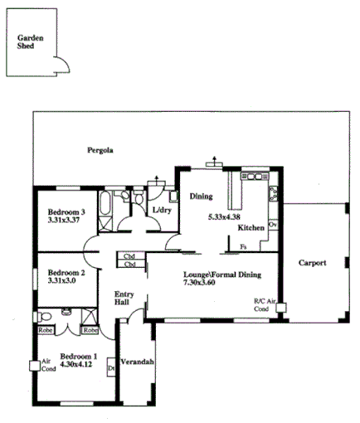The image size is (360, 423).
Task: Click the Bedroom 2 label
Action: pyautogui.click(x=66, y=272)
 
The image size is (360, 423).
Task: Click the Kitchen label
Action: pyautogui.click(x=251, y=227)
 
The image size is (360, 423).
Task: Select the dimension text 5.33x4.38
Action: pyautogui.click(x=224, y=217)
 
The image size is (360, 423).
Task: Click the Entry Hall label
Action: pyautogui.click(x=124, y=299)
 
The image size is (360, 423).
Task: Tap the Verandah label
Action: pyautogui.click(x=138, y=363)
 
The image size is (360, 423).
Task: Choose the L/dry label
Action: pyautogui.click(x=161, y=210)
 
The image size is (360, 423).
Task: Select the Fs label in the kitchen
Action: pyautogui.click(x=243, y=246)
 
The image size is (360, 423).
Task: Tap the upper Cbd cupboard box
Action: pyautogui.click(x=129, y=256)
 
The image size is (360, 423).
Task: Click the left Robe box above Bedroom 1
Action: pyautogui.click(x=46, y=330)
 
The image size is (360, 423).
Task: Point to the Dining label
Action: pyautogui.click(x=201, y=197)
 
